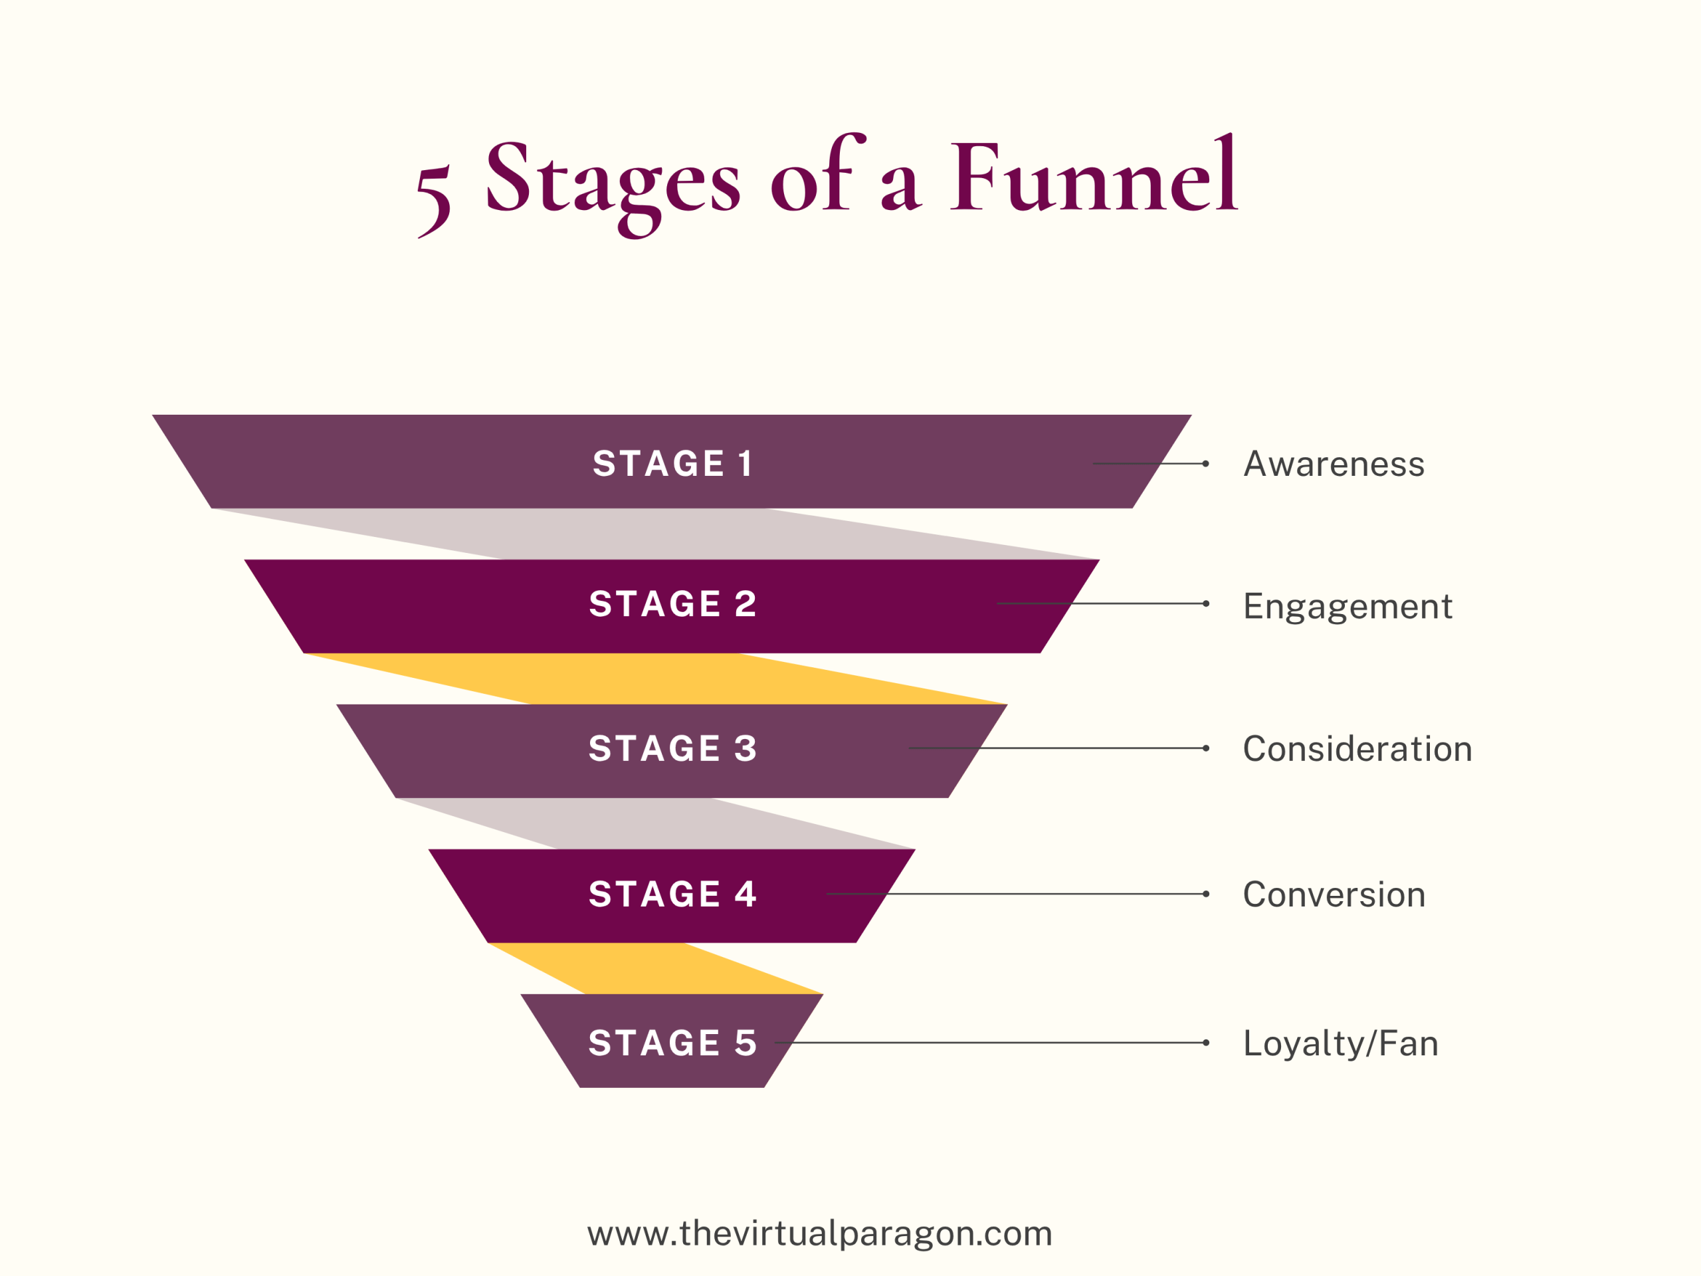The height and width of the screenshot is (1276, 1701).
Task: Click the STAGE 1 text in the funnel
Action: (x=672, y=464)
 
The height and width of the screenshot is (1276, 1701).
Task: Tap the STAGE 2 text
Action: (x=673, y=603)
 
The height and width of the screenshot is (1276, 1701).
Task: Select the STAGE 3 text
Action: (x=673, y=748)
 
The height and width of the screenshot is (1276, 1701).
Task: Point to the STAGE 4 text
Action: (x=673, y=894)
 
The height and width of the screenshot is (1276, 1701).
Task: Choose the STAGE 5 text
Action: (x=673, y=1043)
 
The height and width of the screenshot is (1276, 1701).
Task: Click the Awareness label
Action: (x=1334, y=465)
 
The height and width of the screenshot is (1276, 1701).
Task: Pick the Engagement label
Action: (x=1348, y=607)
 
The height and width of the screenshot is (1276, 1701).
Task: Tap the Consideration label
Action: (x=1357, y=749)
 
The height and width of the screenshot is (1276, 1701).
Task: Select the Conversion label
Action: (x=1334, y=895)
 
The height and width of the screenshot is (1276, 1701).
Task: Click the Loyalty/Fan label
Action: (x=1340, y=1043)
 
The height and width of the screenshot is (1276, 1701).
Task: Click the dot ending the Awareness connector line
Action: (x=1206, y=464)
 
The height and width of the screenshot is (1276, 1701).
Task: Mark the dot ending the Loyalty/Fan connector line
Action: (x=1206, y=1043)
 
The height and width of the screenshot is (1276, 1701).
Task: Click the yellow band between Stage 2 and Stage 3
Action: (x=654, y=679)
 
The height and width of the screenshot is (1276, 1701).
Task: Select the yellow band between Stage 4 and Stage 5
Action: (x=654, y=969)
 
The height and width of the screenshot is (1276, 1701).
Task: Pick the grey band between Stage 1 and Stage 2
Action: (x=654, y=534)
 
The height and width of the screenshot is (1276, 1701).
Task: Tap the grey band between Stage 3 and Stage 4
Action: (x=654, y=823)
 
